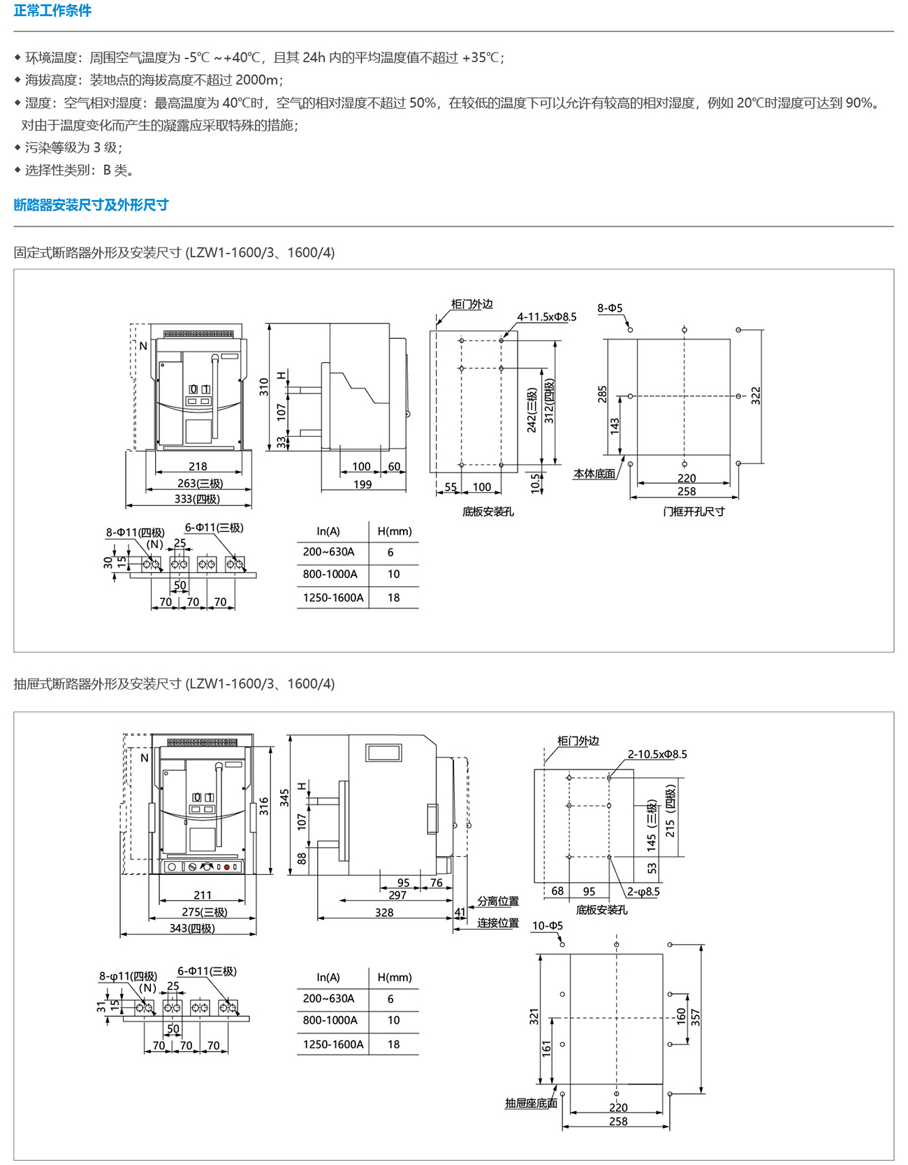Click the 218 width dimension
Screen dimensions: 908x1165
click(x=198, y=466)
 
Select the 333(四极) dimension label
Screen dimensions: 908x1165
click(x=197, y=499)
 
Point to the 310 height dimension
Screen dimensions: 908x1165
click(x=263, y=387)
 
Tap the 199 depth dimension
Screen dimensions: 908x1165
click(x=363, y=484)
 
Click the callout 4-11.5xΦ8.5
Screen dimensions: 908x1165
click(x=547, y=317)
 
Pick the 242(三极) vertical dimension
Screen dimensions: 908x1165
click(x=533, y=410)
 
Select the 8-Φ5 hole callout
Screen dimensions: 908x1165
click(x=610, y=308)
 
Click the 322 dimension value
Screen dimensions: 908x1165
click(x=756, y=396)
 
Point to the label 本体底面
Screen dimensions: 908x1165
click(x=594, y=474)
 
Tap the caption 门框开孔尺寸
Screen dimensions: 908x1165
click(x=694, y=512)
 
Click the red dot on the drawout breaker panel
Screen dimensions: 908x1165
click(x=227, y=867)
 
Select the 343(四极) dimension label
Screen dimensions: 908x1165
click(x=192, y=928)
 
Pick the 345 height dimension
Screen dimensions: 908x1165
click(x=284, y=798)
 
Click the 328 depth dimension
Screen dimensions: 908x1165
click(x=384, y=912)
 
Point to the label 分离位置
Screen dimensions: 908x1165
click(x=498, y=902)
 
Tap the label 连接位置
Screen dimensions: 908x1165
click(x=498, y=922)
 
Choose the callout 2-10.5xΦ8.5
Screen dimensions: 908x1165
click(x=657, y=754)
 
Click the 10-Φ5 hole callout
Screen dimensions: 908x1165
click(x=548, y=926)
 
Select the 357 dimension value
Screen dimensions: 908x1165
click(x=696, y=1017)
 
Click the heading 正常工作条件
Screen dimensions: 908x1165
click(x=52, y=10)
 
